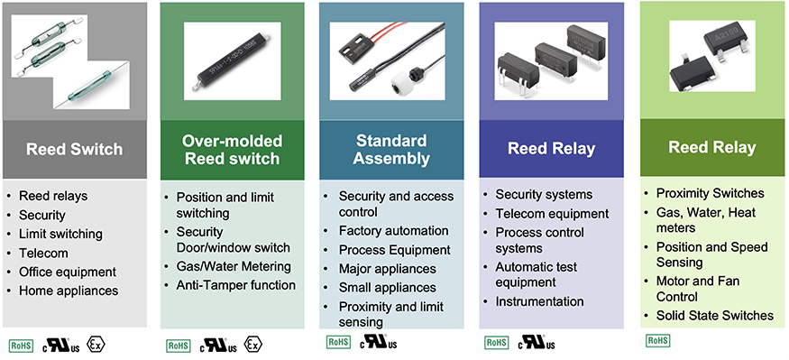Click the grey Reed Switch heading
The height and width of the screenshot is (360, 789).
tap(75, 149)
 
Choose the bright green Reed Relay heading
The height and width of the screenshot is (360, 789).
tap(712, 147)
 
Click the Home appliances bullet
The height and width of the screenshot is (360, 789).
tap(69, 291)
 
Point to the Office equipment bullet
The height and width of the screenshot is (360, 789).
tap(68, 272)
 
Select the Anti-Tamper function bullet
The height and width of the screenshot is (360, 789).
tap(235, 285)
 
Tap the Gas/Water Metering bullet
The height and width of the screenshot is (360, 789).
tap(233, 266)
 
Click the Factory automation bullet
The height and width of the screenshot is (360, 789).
tap(393, 231)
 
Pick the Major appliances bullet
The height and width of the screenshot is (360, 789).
tap(387, 269)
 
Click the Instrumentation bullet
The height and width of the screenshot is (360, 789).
tap(539, 301)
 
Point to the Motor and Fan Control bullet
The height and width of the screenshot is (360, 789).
tap(697, 288)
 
